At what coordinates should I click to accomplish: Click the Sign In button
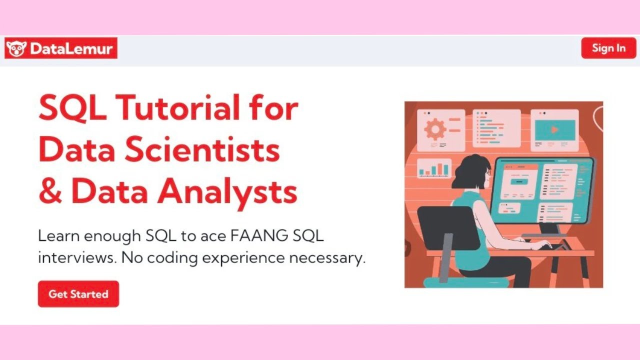pos(608,48)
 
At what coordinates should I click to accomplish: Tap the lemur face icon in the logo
pos(16,48)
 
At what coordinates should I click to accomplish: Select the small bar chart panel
pos(434,168)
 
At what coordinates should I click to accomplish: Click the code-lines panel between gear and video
pos(496,128)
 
